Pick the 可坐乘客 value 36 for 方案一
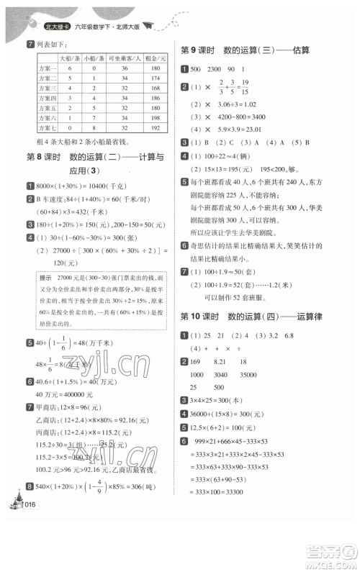[124, 67]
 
